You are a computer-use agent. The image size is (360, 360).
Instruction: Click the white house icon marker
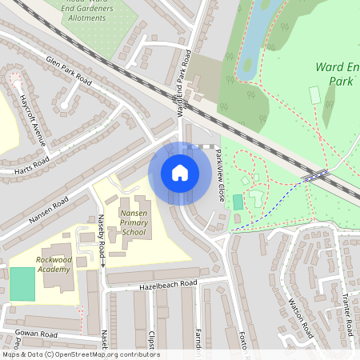coord(180,172)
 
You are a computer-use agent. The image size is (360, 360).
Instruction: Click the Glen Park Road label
coord(70,71)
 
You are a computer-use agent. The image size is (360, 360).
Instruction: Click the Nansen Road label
coord(47,205)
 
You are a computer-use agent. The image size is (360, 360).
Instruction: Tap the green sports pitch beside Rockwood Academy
coord(22,285)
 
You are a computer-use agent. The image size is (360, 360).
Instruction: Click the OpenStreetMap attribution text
coord(80,354)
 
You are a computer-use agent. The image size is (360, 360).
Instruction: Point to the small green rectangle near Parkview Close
coord(238,202)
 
